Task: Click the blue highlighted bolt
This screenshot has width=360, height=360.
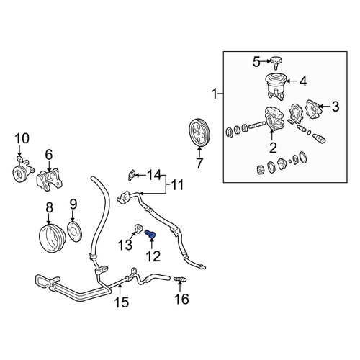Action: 150,233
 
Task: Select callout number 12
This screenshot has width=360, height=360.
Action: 153,256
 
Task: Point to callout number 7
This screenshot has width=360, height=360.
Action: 199,163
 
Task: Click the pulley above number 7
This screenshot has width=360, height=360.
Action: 199,132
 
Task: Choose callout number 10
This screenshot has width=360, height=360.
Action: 22,138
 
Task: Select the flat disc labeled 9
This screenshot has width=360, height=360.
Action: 75,232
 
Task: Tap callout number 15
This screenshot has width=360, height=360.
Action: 122,302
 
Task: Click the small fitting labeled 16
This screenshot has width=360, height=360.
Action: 180,279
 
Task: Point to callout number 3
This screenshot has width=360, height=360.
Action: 336,106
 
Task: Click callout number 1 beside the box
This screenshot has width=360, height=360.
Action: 215,94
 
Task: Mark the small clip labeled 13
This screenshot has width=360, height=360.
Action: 138,228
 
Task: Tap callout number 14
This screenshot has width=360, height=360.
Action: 153,175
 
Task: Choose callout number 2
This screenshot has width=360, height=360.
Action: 273,148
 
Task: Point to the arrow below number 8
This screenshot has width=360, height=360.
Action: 49,219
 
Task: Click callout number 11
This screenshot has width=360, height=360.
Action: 177,185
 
